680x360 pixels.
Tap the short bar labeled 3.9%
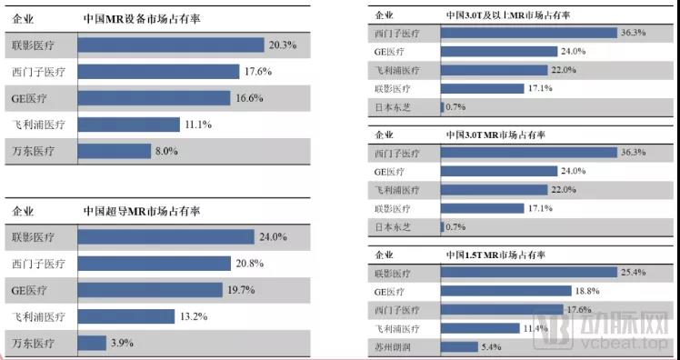point(92,343)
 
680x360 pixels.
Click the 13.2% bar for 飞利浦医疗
point(126,316)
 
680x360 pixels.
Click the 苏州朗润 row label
point(393,347)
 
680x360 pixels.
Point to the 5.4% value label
point(492,347)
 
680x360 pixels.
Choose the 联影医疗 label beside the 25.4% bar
point(393,272)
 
